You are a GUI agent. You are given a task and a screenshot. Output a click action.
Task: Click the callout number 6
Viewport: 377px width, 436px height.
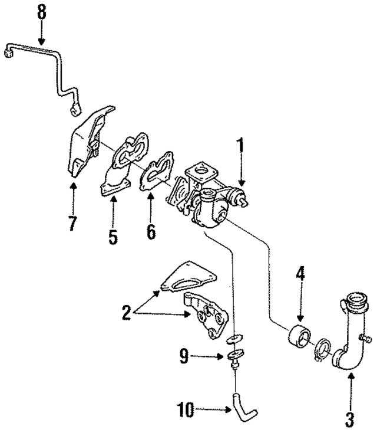tap(151, 232)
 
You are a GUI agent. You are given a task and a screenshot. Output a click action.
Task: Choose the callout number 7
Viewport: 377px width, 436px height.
tap(72, 225)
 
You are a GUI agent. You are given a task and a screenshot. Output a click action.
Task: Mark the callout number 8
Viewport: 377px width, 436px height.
tap(41, 11)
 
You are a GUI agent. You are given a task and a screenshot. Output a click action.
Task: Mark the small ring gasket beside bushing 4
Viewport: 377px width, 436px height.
tap(322, 349)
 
